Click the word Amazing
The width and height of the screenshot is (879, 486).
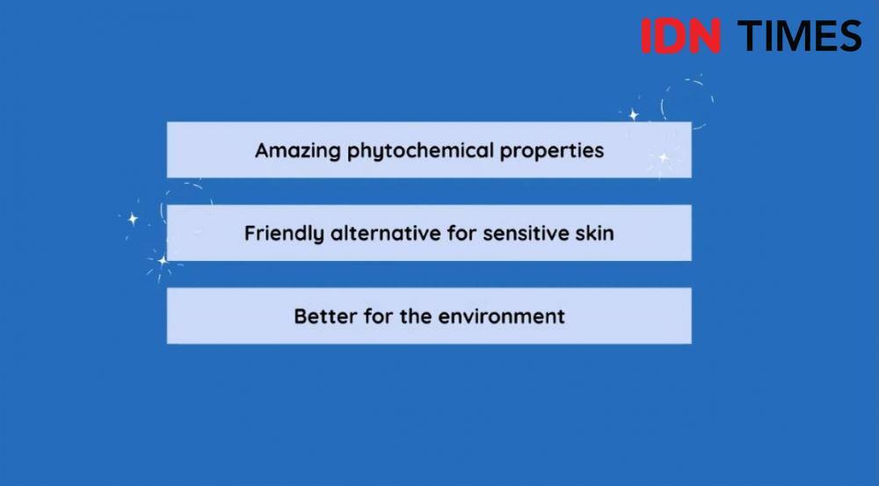[298, 151]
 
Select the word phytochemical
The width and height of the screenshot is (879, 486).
[420, 151]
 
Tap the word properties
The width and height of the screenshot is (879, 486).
[552, 151]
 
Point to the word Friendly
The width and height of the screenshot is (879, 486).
[284, 233]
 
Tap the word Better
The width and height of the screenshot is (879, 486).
[326, 316]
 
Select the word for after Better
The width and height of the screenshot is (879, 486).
[378, 316]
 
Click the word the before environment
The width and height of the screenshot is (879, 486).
[416, 316]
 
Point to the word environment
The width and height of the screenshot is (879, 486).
[501, 316]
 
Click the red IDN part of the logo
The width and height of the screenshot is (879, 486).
[680, 36]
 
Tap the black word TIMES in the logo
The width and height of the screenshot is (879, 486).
[799, 36]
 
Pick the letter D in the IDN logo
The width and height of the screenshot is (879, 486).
[669, 36]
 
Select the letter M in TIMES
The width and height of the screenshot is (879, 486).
[792, 36]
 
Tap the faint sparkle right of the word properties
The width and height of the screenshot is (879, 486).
[664, 157]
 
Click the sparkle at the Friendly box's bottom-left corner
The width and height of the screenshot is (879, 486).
[163, 261]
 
